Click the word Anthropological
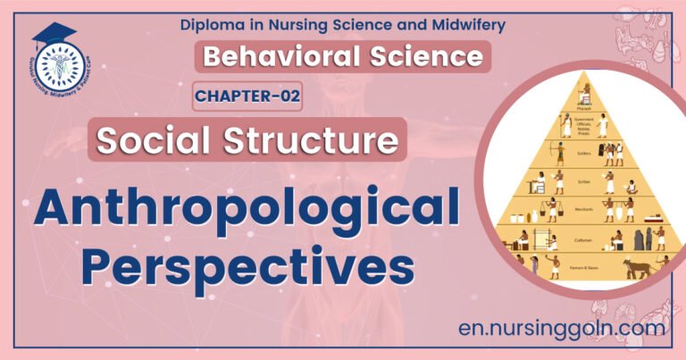249,211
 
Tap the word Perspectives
255,265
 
